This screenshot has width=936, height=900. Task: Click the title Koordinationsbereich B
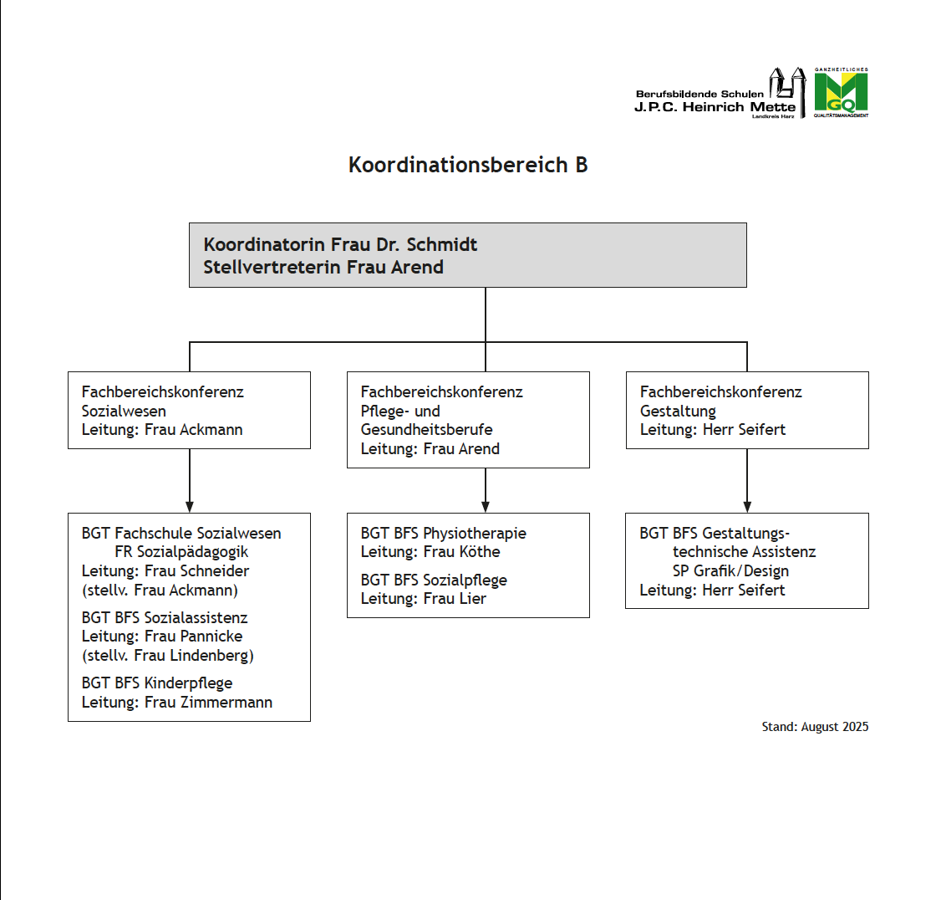pyautogui.click(x=468, y=165)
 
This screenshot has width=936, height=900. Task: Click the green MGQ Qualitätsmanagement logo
pyautogui.click(x=841, y=93)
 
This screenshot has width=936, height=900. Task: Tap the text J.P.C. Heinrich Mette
pyautogui.click(x=715, y=107)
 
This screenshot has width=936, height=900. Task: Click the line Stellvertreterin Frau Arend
pyautogui.click(x=323, y=268)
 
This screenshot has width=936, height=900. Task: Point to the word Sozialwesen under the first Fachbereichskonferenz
pyautogui.click(x=124, y=411)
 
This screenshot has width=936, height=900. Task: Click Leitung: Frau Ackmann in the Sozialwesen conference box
pyautogui.click(x=162, y=430)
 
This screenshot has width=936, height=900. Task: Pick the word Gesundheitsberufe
pyautogui.click(x=426, y=430)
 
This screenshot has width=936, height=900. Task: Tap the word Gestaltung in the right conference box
pyautogui.click(x=678, y=411)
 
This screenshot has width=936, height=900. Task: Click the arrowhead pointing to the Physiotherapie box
pyautogui.click(x=486, y=506)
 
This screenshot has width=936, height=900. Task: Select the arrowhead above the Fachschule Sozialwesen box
pyautogui.click(x=190, y=506)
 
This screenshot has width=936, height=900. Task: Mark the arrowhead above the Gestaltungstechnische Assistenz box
pyautogui.click(x=747, y=506)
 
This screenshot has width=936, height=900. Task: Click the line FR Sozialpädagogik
pyautogui.click(x=181, y=552)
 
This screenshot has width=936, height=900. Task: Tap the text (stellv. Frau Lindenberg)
pyautogui.click(x=167, y=656)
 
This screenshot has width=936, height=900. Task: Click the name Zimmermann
pyautogui.click(x=226, y=703)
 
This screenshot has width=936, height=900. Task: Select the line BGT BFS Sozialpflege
pyautogui.click(x=434, y=580)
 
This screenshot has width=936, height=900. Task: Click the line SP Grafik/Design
pyautogui.click(x=730, y=571)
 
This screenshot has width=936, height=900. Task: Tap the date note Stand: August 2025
pyautogui.click(x=815, y=727)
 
